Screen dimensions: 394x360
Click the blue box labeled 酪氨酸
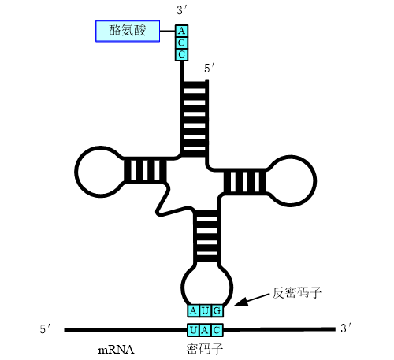(x=128, y=31)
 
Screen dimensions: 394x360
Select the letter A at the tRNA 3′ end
(x=181, y=31)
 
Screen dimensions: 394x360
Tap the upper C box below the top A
(x=181, y=43)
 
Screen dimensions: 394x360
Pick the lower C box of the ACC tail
(x=181, y=54)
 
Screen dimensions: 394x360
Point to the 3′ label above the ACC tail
(x=181, y=10)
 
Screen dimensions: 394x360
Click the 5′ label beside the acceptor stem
(x=209, y=69)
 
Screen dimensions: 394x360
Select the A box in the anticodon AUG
(x=193, y=311)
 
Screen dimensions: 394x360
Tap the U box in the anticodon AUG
(x=205, y=311)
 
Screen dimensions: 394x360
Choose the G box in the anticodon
(x=217, y=311)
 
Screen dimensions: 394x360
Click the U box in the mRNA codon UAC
(x=193, y=330)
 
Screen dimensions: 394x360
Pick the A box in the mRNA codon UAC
(x=205, y=330)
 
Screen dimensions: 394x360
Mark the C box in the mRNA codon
(x=217, y=330)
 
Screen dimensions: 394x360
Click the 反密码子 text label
(x=296, y=293)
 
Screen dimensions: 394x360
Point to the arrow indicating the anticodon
(x=252, y=299)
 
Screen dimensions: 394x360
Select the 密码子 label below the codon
(x=205, y=349)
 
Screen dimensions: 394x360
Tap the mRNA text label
(x=116, y=350)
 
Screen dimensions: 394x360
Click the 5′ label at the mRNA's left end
(x=45, y=328)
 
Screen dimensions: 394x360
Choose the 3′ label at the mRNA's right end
(x=346, y=328)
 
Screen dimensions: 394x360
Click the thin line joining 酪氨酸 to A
(x=168, y=31)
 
